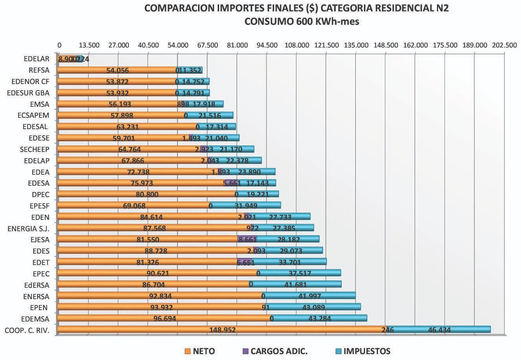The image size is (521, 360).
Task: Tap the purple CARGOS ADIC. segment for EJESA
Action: pos(247,239)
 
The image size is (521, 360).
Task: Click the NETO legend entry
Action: pos(200,351)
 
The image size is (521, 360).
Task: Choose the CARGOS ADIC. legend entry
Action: pos(275,351)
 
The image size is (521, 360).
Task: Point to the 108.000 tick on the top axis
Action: pos(297,45)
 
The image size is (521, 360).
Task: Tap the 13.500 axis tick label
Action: pos(89,45)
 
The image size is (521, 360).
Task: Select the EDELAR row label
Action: pos(37,59)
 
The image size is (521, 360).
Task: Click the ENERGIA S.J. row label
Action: pos(29,228)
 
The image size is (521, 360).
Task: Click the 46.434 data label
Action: pos(439,330)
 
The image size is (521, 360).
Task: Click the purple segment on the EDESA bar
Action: pos(231,183)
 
